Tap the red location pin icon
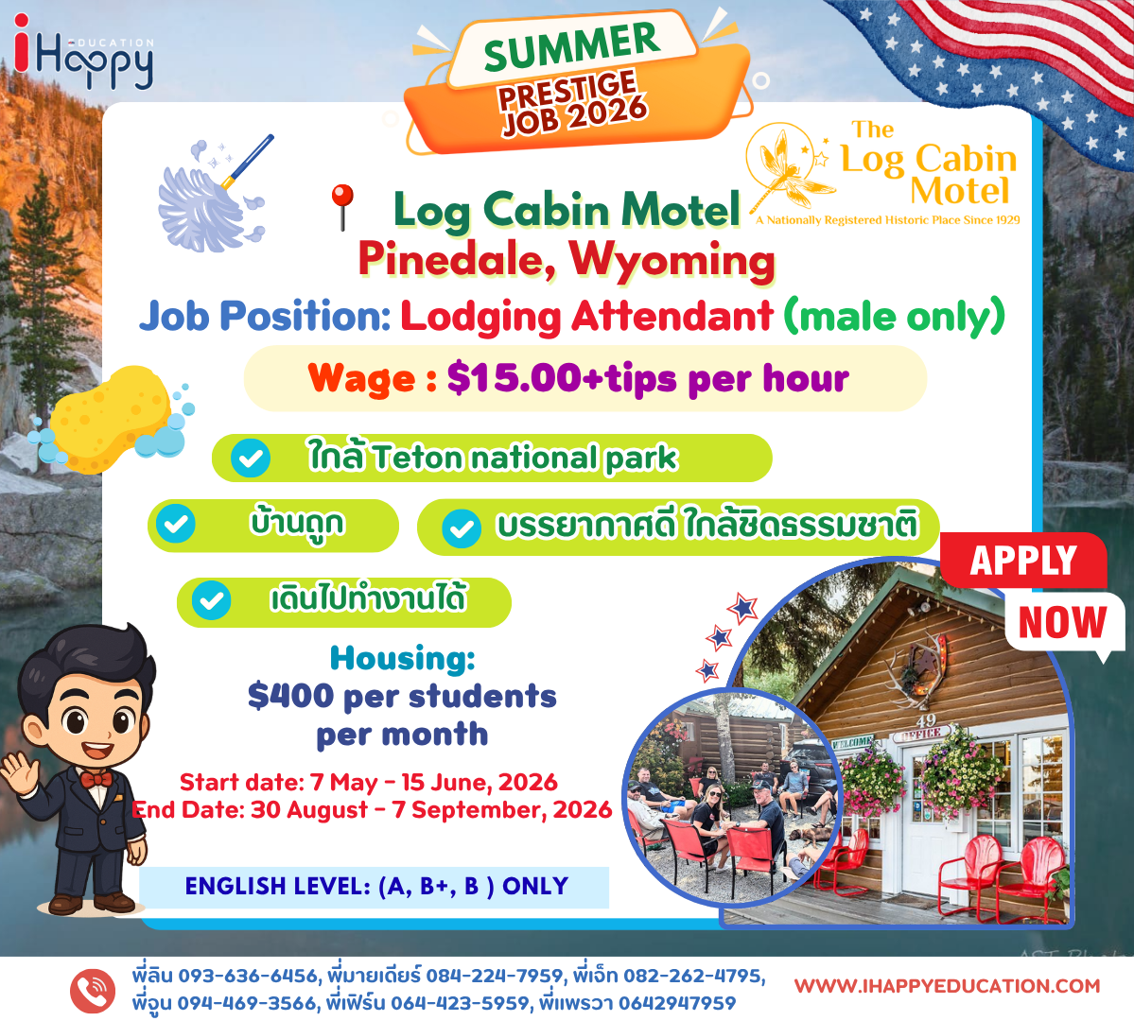(x=342, y=207)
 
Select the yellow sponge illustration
(x=110, y=419)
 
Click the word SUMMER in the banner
(x=572, y=45)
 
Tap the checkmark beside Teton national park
(x=251, y=458)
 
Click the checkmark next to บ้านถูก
(x=176, y=523)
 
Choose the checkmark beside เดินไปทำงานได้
(x=211, y=601)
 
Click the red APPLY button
(x=1023, y=561)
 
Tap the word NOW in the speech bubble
(x=1062, y=623)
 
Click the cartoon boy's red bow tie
(x=96, y=780)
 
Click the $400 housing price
(x=290, y=696)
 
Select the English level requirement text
(x=376, y=887)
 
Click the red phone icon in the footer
(x=93, y=990)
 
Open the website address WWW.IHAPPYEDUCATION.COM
(x=947, y=986)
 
